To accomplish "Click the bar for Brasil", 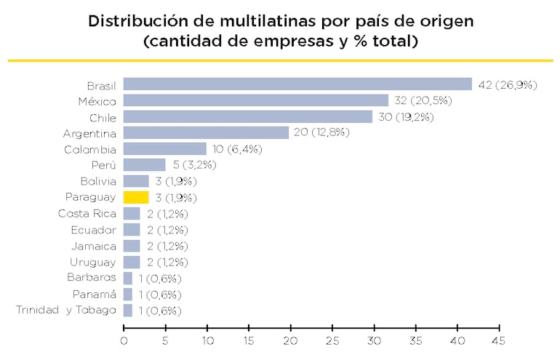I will (297, 84).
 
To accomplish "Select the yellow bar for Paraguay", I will (136, 197).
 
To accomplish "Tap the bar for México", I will (256, 100).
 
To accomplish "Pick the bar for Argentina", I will (206, 132).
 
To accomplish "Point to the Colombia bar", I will (165, 149).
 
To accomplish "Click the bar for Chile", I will (247, 116).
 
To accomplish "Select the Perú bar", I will (144, 165).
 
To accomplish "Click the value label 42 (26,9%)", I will (507, 85).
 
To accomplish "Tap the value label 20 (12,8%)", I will (321, 133).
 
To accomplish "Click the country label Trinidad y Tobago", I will (65, 311).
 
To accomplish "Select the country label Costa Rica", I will (87, 214).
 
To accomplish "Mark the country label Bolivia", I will (98, 181).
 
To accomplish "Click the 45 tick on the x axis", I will (498, 340).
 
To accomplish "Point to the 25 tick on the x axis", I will (332, 340).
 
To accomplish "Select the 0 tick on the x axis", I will (124, 340).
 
